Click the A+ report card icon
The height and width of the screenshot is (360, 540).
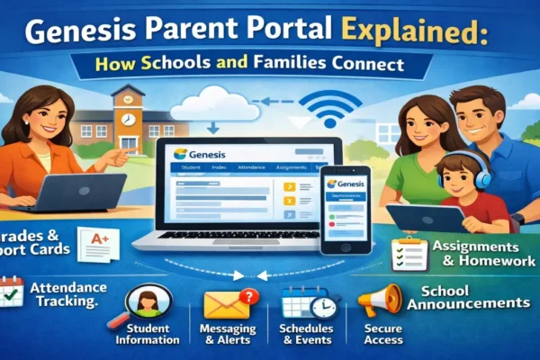(96, 244)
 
